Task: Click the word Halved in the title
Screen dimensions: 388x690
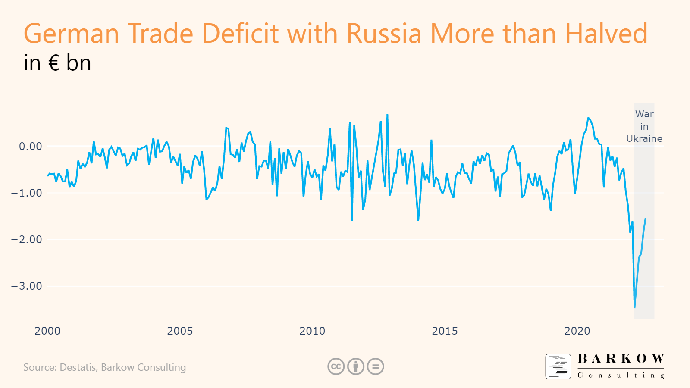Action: coord(606,34)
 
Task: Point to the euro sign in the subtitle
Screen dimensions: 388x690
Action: coord(53,63)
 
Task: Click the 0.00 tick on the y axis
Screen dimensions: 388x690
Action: coord(31,147)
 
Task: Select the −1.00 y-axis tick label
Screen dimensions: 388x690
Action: coord(27,193)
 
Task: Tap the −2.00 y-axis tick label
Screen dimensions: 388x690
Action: coord(27,240)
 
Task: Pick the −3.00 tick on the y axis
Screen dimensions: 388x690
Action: coord(27,286)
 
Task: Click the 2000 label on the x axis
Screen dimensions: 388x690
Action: coord(47,331)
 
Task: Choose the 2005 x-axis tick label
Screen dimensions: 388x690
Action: coord(180,331)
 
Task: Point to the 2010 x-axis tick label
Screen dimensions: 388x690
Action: coord(312,331)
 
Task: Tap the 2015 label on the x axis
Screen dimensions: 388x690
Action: coord(445,331)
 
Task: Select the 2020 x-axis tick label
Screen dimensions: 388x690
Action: coord(577,331)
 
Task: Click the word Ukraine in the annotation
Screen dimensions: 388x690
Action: coord(644,139)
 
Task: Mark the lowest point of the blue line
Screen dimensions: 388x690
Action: coord(634,307)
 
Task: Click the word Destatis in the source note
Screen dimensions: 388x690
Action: coord(78,367)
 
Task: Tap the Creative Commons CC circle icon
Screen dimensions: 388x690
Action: coord(336,367)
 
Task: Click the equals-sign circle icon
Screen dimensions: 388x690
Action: coord(376,367)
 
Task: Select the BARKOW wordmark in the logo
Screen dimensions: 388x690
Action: coord(621,359)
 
